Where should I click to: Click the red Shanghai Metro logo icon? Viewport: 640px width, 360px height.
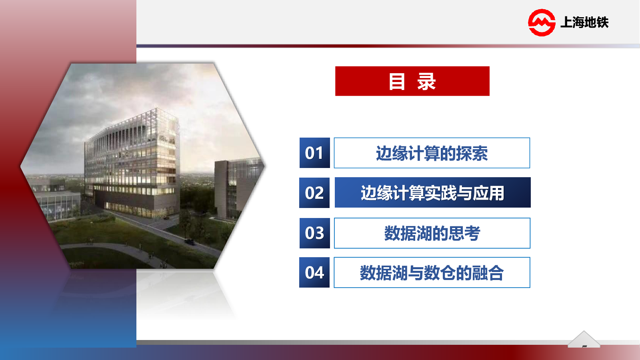542,22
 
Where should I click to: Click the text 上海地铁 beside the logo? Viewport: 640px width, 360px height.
584,22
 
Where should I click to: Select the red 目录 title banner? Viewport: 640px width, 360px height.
412,81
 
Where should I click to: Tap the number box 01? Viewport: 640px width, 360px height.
314,153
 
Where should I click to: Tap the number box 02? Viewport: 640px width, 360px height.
314,192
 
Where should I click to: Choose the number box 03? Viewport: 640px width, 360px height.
314,233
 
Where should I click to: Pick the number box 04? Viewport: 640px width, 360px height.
314,272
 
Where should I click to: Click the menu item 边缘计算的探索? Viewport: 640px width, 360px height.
432,153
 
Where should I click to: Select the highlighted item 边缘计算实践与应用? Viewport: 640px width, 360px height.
432,192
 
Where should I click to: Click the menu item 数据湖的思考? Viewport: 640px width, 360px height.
432,233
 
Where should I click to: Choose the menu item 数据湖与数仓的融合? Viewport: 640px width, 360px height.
432,272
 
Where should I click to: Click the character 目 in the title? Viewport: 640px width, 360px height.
397,82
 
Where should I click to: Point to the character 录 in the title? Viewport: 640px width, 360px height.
426,82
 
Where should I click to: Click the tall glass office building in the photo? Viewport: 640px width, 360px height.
132,163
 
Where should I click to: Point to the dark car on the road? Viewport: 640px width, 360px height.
190,242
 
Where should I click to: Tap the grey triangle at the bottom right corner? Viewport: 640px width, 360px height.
584,340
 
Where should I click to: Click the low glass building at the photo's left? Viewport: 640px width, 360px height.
54,200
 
